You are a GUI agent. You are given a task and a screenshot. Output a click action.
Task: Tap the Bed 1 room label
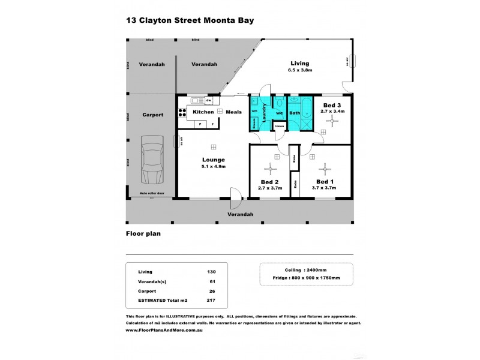[325, 182]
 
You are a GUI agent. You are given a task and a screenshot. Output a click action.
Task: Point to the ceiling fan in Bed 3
[332, 120]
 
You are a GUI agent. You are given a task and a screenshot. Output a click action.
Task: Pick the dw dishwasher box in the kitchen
[208, 100]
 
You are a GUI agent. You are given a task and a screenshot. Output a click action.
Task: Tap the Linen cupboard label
[279, 126]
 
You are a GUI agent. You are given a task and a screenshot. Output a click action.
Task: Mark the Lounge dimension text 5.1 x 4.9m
[213, 166]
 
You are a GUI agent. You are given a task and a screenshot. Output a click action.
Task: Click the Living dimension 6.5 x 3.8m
[300, 70]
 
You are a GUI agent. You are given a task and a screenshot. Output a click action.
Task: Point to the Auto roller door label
[151, 193]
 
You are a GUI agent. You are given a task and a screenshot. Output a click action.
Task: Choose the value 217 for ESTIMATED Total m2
[210, 301]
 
